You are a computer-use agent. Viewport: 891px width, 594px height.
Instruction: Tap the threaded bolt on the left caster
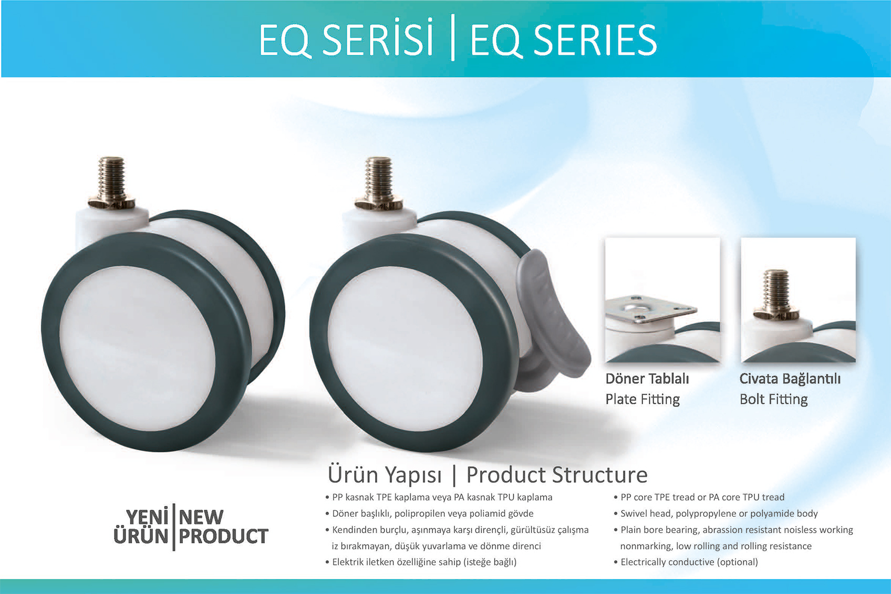(112, 182)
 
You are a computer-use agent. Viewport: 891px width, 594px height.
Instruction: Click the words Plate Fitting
(643, 399)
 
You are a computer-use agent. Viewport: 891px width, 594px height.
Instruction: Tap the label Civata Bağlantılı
(790, 379)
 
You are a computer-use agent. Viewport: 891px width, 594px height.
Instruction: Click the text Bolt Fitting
(774, 399)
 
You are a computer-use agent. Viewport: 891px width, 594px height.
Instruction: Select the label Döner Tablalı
(647, 379)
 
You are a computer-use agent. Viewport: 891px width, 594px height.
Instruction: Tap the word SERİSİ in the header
(377, 38)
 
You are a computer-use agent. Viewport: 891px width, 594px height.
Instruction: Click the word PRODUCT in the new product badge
(224, 536)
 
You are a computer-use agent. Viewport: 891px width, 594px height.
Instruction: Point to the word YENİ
(147, 517)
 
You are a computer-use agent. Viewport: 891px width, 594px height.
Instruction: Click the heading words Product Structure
(557, 475)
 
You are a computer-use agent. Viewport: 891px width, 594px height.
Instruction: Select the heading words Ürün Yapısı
(385, 475)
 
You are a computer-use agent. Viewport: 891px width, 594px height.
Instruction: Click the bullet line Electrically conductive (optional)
(686, 562)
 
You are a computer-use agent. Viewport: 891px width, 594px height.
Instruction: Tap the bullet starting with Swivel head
(716, 514)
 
